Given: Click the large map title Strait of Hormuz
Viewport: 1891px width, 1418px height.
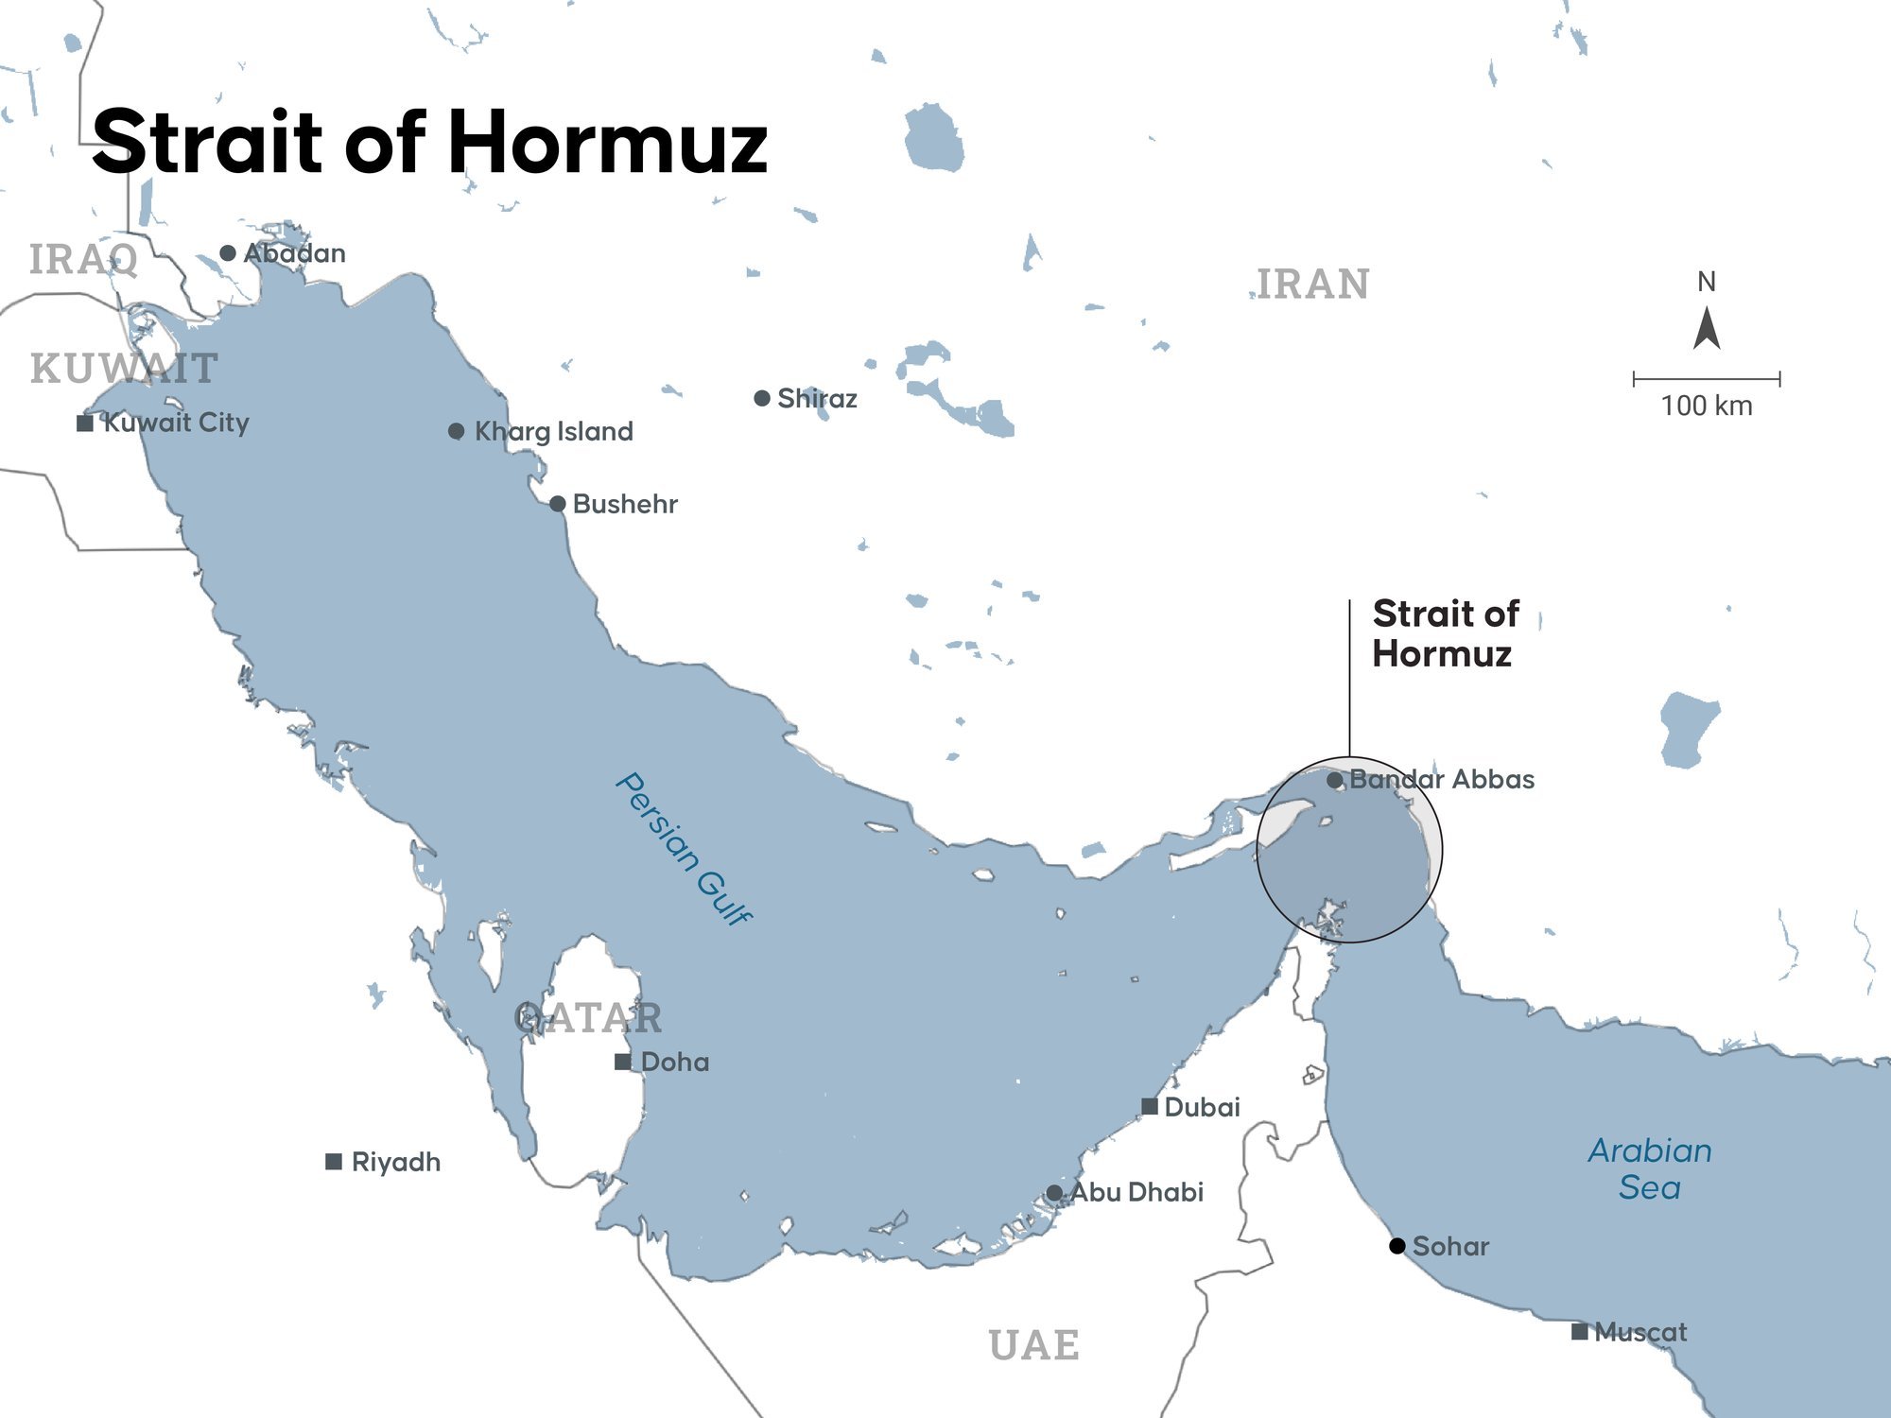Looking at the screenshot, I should pos(430,142).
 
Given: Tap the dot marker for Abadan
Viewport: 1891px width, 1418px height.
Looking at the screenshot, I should pos(228,253).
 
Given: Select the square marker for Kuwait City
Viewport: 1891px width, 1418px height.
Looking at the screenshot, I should pos(85,423).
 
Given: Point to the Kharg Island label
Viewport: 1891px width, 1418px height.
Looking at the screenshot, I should pos(553,431).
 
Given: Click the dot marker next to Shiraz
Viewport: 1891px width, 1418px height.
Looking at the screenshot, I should pos(762,398).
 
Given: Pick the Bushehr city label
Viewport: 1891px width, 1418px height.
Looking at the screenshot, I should pos(625,504).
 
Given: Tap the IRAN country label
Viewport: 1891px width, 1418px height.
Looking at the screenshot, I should pos(1313,284).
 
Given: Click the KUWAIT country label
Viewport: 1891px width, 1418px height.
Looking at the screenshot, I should pos(124,369).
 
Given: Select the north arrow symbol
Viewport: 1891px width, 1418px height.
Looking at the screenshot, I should pos(1707,329).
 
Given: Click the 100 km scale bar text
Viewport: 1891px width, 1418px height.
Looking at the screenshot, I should pos(1707,406).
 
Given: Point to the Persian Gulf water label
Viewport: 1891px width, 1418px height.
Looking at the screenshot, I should pos(684,848).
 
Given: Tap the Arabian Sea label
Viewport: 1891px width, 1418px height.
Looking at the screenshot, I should pos(1650,1168).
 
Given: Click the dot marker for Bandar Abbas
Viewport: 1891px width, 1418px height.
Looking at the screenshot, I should pos(1334,780).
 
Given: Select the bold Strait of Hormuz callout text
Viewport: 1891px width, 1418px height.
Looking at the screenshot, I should pos(1445,633).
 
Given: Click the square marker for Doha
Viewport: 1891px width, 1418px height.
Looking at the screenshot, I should pos(623,1062).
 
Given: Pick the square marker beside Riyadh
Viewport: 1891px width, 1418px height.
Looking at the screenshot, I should pos(334,1162).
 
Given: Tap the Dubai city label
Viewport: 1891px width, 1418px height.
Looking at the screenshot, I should pos(1202,1107).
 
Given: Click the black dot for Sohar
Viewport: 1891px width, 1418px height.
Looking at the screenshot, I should pos(1397,1246).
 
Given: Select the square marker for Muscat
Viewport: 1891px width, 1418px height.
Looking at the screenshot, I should pos(1579,1332).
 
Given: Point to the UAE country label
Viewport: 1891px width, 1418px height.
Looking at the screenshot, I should pos(1034,1344).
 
